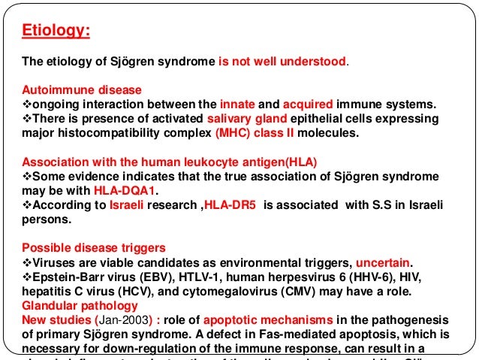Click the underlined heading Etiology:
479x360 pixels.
pos(56,32)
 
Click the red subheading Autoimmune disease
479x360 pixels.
pos(82,90)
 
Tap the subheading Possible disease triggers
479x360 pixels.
pos(93,248)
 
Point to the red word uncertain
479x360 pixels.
pos(383,262)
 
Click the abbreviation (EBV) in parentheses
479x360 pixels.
pos(131,277)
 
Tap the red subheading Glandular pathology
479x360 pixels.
pos(80,306)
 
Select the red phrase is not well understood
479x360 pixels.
pos(283,61)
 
